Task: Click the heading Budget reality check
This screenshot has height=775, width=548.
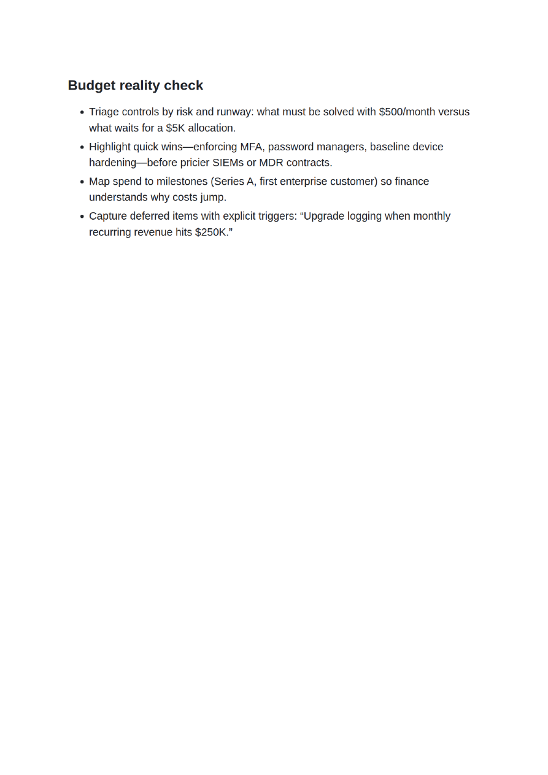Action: pos(135,85)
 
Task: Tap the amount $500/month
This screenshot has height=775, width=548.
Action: pos(407,112)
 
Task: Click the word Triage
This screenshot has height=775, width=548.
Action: pos(104,112)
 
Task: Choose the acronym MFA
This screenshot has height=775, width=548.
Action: pos(251,147)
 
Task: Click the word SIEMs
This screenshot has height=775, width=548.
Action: pos(228,163)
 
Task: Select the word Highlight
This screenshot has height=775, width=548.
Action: pos(109,147)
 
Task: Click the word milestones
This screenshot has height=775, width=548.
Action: pos(181,182)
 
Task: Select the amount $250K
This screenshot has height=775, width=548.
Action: pos(211,232)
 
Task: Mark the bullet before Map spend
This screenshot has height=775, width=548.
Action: pos(82,182)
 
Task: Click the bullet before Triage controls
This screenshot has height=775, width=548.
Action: pos(82,112)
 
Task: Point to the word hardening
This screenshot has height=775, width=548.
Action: pos(112,163)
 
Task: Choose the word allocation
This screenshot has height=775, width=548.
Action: pos(211,128)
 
